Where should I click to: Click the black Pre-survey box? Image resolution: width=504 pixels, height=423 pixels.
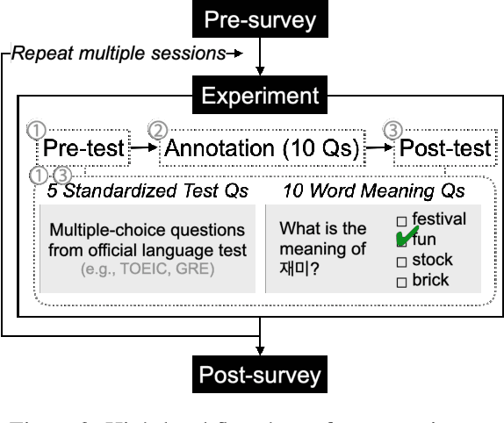(259, 19)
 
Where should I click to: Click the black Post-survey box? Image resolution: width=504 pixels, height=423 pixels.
(259, 376)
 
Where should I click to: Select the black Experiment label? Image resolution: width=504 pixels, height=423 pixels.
(259, 95)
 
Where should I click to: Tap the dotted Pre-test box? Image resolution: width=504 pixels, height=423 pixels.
(83, 147)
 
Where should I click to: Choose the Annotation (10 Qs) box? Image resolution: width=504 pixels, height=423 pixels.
(262, 147)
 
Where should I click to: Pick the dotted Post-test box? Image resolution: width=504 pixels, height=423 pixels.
(445, 147)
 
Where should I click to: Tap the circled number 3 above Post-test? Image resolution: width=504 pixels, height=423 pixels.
(392, 130)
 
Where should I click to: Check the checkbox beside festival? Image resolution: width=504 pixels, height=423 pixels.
(401, 219)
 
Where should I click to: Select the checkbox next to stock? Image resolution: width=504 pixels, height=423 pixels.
(401, 261)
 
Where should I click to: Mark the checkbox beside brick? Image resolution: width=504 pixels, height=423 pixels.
(401, 282)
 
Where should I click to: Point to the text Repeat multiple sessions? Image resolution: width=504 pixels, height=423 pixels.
(119, 54)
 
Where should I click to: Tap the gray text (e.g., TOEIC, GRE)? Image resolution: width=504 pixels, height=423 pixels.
(148, 269)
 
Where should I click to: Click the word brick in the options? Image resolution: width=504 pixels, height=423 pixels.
(430, 281)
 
